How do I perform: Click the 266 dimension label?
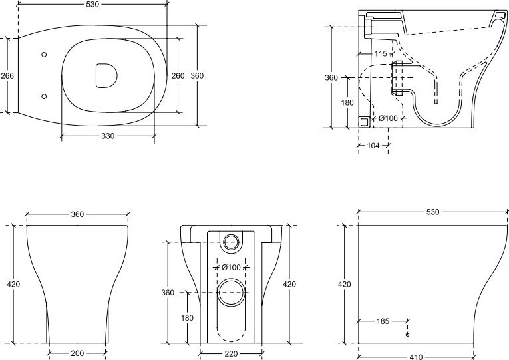pos(7,76)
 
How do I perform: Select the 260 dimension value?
pos(178,76)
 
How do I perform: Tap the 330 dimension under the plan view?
pos(108,136)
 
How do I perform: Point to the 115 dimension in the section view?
pos(381,53)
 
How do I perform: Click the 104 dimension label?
pos(373,146)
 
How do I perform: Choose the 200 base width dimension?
pos(77,353)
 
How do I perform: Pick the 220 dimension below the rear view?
pos(231,353)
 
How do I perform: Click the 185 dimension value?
pos(383,321)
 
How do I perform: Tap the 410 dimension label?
pos(416,357)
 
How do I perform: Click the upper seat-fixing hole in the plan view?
pos(44,55)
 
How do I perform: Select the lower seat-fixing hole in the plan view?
pos(44,96)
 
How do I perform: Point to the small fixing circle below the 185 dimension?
pos(408,335)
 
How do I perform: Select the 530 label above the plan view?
pos(93,4)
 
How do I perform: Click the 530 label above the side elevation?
pos(432,212)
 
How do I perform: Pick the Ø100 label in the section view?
pos(388,118)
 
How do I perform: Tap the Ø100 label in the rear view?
pos(231,267)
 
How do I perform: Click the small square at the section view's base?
pos(364,122)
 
